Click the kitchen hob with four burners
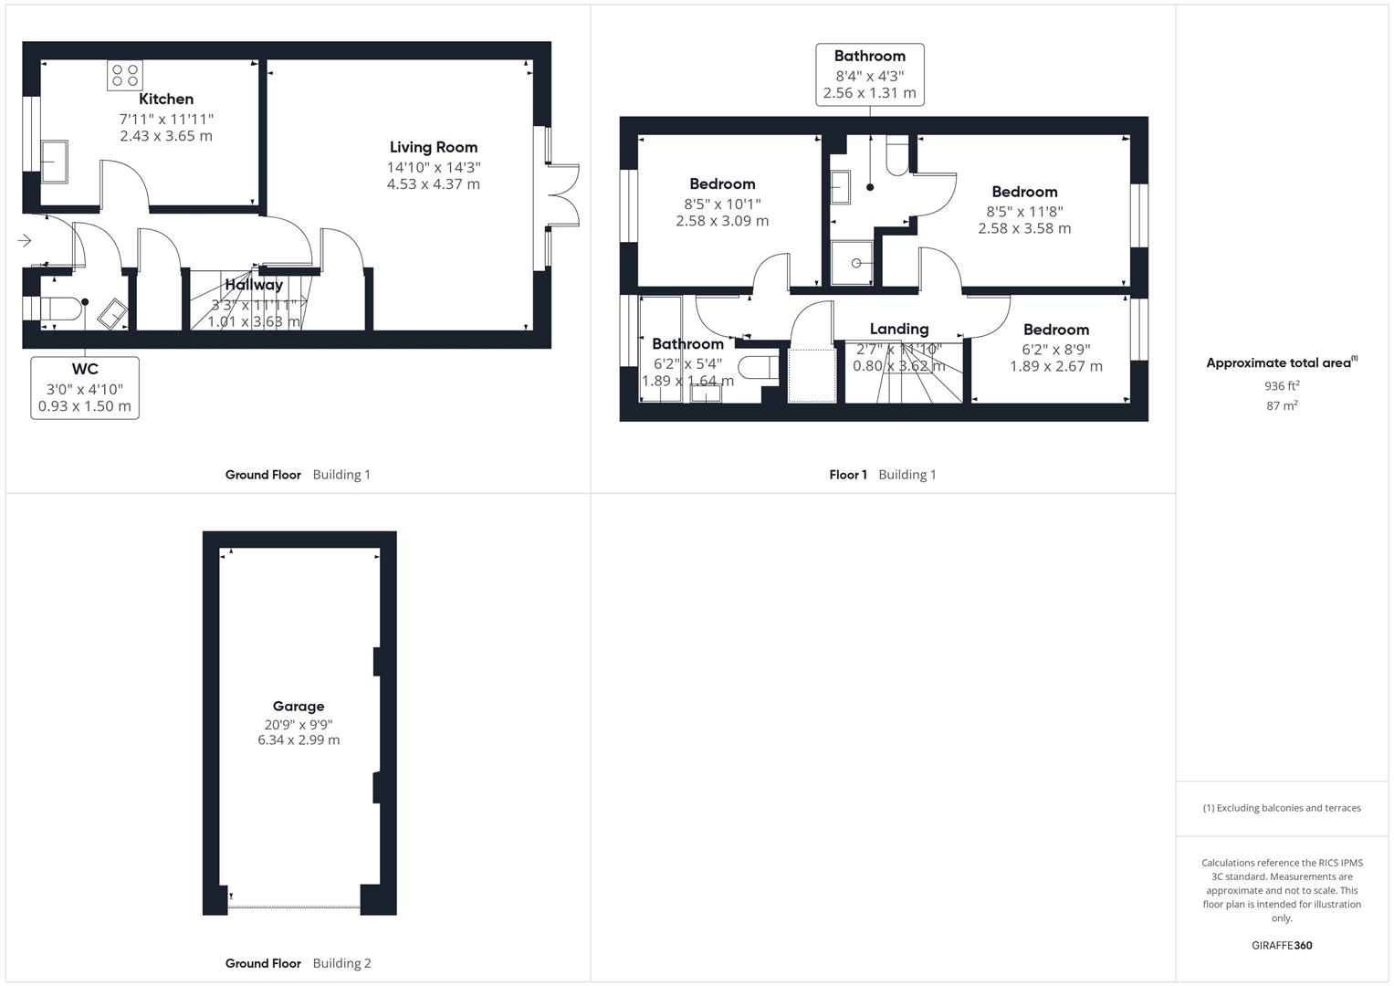coord(125,75)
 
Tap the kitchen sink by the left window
coord(54,162)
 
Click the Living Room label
coord(433,147)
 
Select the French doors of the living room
coord(562,195)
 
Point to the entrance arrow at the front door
coord(25,241)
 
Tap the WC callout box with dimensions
coord(85,388)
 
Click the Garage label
coord(299,706)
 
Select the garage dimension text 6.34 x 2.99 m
coord(299,740)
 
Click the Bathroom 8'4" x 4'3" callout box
coord(869,74)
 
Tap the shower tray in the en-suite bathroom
coord(852,263)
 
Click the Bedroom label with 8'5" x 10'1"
coord(722,184)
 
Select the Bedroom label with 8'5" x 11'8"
coord(1024,192)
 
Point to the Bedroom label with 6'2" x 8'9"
coord(1055,330)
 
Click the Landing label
coord(898,329)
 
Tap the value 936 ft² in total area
coord(1282,386)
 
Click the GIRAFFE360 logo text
coord(1282,946)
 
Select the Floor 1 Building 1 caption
coord(882,475)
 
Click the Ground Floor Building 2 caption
coord(298,963)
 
